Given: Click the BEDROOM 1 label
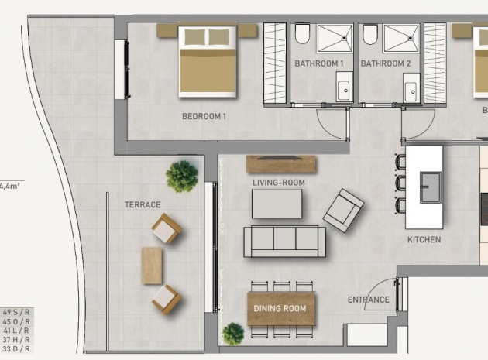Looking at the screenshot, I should [x=204, y=117].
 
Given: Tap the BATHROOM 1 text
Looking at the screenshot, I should [x=318, y=63].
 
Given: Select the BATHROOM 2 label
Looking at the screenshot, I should [x=385, y=63].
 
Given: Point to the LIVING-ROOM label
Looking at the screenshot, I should [x=279, y=183].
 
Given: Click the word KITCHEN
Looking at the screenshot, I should [x=424, y=240].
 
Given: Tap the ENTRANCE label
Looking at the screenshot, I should [x=368, y=300].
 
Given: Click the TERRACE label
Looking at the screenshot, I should [x=143, y=205].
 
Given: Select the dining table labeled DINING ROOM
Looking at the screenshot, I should [x=282, y=308].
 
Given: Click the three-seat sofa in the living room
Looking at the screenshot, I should [x=284, y=242].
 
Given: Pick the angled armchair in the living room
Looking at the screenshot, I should [x=343, y=209].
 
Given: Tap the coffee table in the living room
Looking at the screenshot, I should [x=277, y=204].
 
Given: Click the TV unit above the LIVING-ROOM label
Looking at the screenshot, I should [x=281, y=164].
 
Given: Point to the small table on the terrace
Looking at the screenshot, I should [x=153, y=265].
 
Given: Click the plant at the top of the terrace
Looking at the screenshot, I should [x=181, y=177].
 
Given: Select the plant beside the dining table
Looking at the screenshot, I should [x=232, y=334].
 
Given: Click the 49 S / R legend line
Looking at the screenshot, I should [x=16, y=313].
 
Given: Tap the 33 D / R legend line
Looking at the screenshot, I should [x=16, y=349].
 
